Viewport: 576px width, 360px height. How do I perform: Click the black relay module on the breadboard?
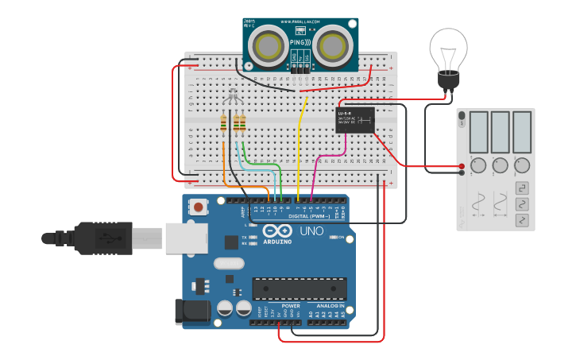click(x=356, y=120)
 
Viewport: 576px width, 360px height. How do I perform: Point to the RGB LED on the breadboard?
click(x=232, y=98)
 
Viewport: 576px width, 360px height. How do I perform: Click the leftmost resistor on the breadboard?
click(x=224, y=122)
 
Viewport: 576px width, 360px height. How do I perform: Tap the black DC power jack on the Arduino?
click(x=191, y=311)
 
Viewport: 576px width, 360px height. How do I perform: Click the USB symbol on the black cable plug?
click(x=103, y=237)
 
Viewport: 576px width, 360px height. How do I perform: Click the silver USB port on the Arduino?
click(x=184, y=238)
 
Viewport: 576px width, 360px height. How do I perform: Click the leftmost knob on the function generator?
click(x=478, y=165)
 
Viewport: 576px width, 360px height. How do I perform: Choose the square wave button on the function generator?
click(x=523, y=188)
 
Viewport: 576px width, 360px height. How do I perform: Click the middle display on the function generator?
click(x=500, y=131)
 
